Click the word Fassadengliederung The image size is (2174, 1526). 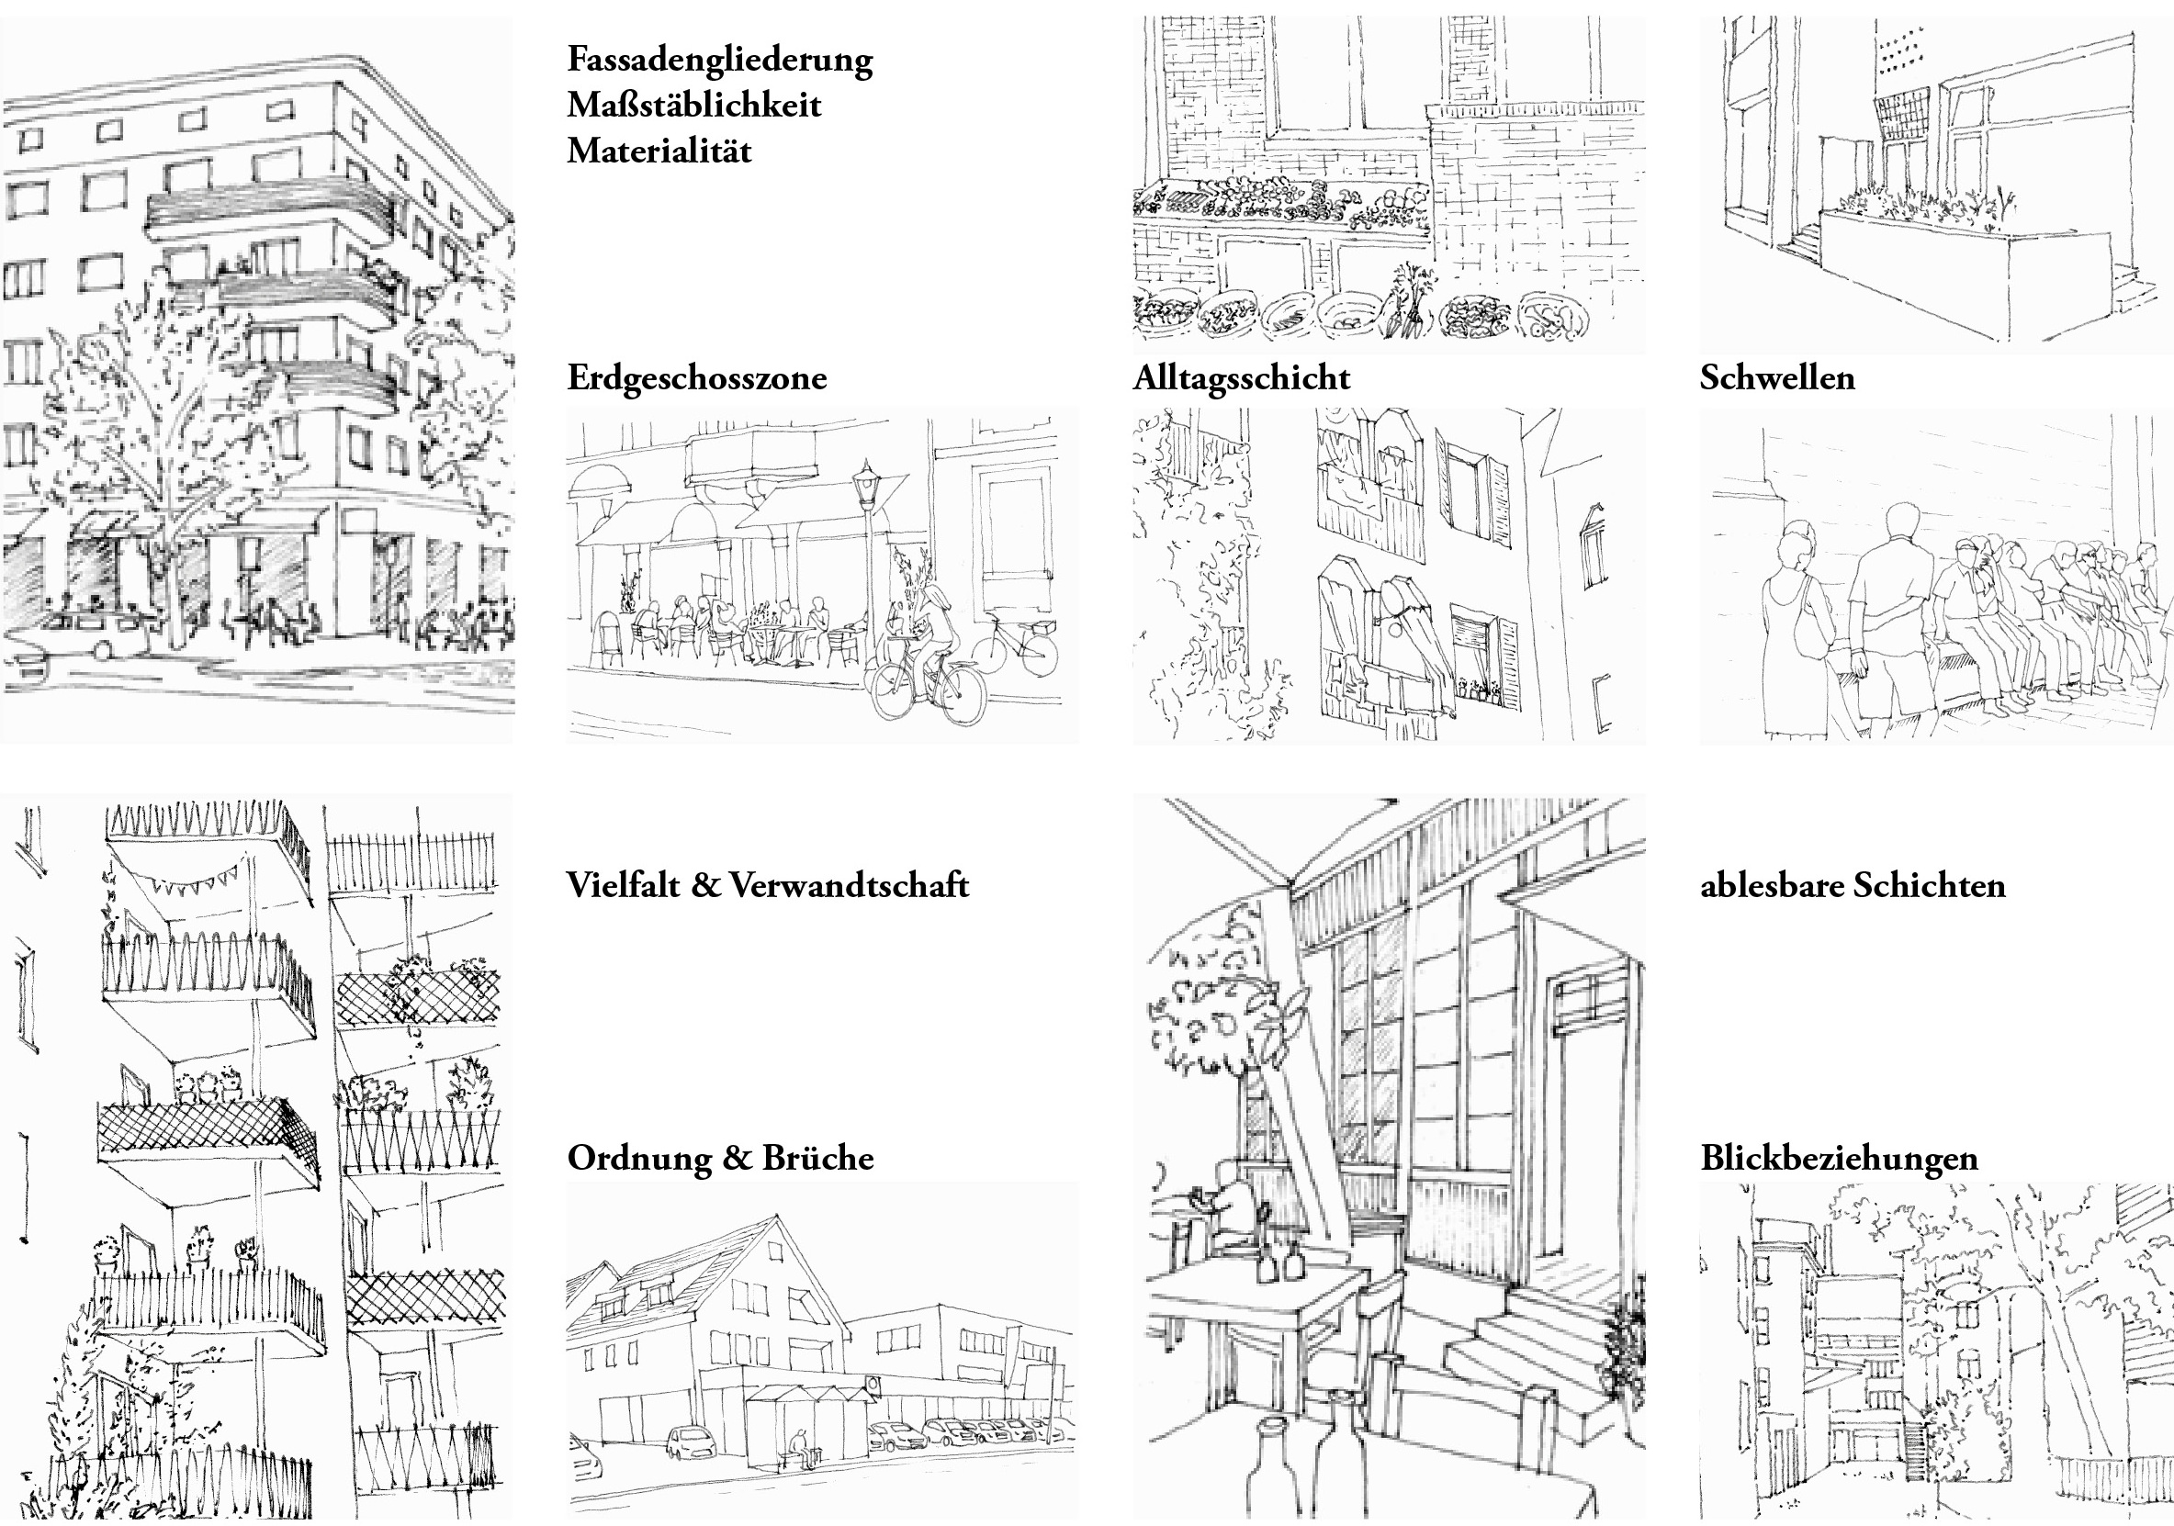pyautogui.click(x=720, y=61)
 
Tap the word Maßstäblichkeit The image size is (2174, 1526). pyautogui.click(x=694, y=106)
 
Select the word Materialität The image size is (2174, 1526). pyautogui.click(x=659, y=151)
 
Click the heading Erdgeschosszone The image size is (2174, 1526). pyautogui.click(x=697, y=378)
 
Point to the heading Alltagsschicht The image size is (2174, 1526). pyautogui.click(x=1242, y=378)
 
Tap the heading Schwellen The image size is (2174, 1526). pyautogui.click(x=1776, y=378)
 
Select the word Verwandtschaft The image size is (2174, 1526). pyautogui.click(x=850, y=886)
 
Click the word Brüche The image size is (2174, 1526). pyautogui.click(x=818, y=1158)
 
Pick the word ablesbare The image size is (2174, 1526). pyautogui.click(x=1770, y=886)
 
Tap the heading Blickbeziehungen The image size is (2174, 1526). pyautogui.click(x=1839, y=1159)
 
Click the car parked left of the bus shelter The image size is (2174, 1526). pyautogui.click(x=686, y=1442)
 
